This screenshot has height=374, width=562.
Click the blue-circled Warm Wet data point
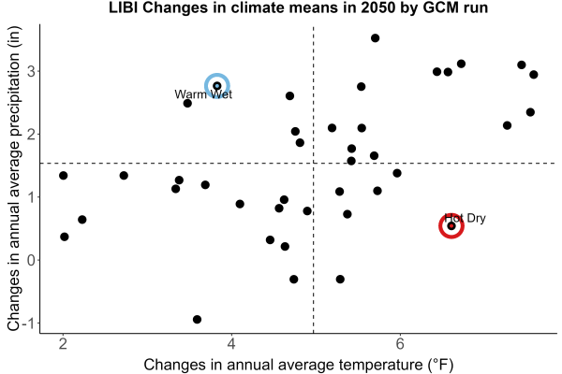click(x=217, y=86)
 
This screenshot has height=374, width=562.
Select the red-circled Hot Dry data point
click(x=451, y=226)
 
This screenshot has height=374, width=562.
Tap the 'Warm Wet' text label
click(x=203, y=94)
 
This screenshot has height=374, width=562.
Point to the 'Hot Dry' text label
click(x=465, y=218)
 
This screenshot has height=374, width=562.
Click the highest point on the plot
click(x=375, y=38)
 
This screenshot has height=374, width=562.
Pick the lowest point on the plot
click(x=197, y=319)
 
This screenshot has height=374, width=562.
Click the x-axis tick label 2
click(x=64, y=344)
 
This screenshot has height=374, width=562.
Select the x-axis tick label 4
click(x=231, y=344)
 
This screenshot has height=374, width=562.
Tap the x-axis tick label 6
click(x=400, y=344)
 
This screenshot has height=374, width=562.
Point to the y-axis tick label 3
click(x=31, y=72)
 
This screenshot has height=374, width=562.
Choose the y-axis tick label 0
click(x=31, y=260)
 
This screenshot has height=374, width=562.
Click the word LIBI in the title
click(x=124, y=7)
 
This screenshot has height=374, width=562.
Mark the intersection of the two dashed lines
click(x=314, y=164)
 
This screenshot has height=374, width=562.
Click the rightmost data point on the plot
click(x=534, y=75)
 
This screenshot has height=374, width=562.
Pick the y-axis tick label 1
click(x=31, y=197)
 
